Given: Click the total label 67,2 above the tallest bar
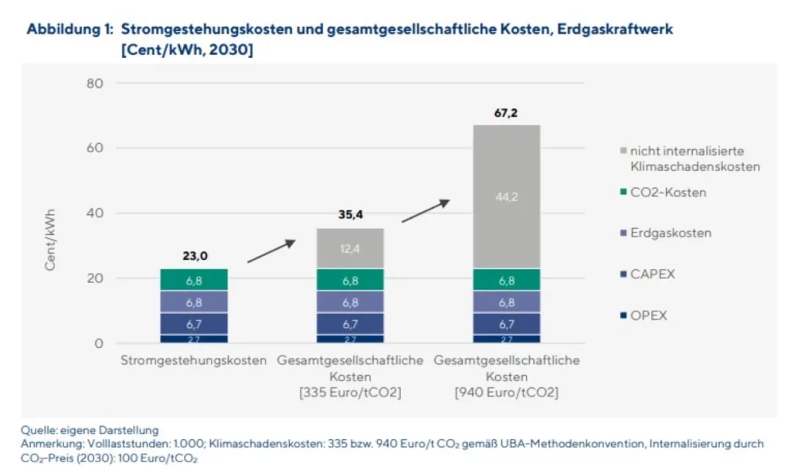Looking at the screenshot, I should click(506, 114).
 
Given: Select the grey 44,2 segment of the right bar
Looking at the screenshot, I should click(506, 197).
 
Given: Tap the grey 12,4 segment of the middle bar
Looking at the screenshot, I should click(350, 248).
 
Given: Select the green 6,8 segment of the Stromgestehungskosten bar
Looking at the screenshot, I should click(194, 280).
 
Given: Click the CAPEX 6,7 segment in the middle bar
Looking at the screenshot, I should click(350, 323).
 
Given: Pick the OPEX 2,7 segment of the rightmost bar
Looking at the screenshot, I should click(506, 339).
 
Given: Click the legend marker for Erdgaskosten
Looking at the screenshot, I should click(623, 233).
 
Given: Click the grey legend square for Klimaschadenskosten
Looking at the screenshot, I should click(623, 152).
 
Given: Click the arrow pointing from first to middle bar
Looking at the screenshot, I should click(271, 251).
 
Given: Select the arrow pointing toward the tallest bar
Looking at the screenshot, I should click(426, 211).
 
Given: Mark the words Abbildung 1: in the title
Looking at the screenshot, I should click(70, 29).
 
